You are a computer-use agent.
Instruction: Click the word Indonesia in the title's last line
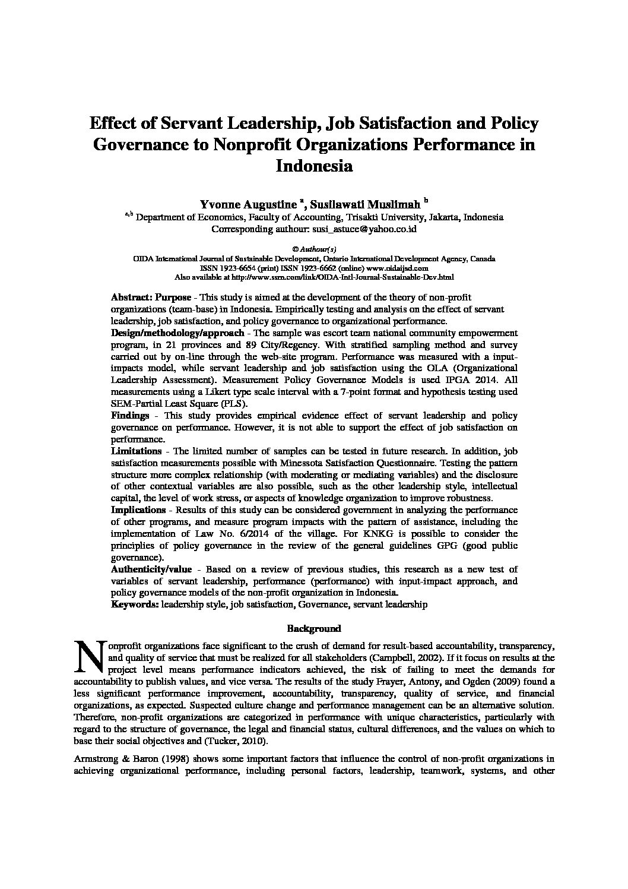[x=314, y=166]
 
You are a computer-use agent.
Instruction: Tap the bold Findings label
[x=130, y=416]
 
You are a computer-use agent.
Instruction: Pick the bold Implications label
[x=138, y=510]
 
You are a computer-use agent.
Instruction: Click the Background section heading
[x=314, y=628]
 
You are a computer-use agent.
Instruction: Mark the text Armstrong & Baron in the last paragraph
[x=110, y=760]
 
